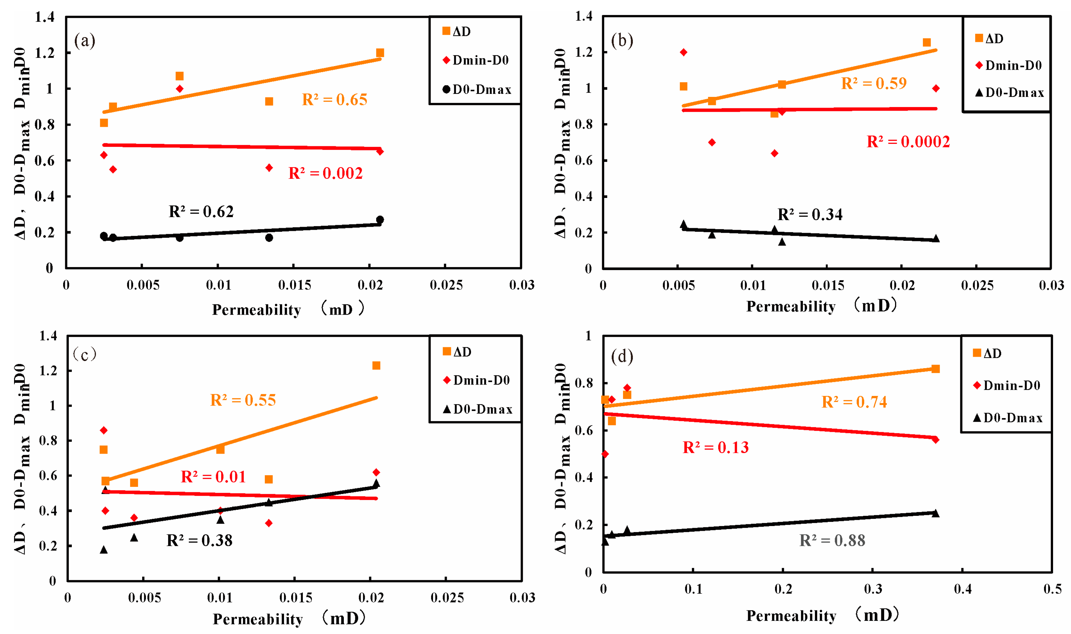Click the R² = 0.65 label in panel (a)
[334, 100]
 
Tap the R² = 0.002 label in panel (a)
[325, 173]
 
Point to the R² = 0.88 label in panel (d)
[832, 540]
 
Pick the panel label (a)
[85, 41]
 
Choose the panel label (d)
[622, 356]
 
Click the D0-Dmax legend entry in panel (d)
[1008, 418]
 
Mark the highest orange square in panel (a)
[380, 53]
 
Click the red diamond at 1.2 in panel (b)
[683, 52]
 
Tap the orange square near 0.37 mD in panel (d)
[935, 369]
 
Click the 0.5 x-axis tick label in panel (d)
[1052, 589]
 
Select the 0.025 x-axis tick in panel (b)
[977, 285]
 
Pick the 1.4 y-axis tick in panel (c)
[48, 336]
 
